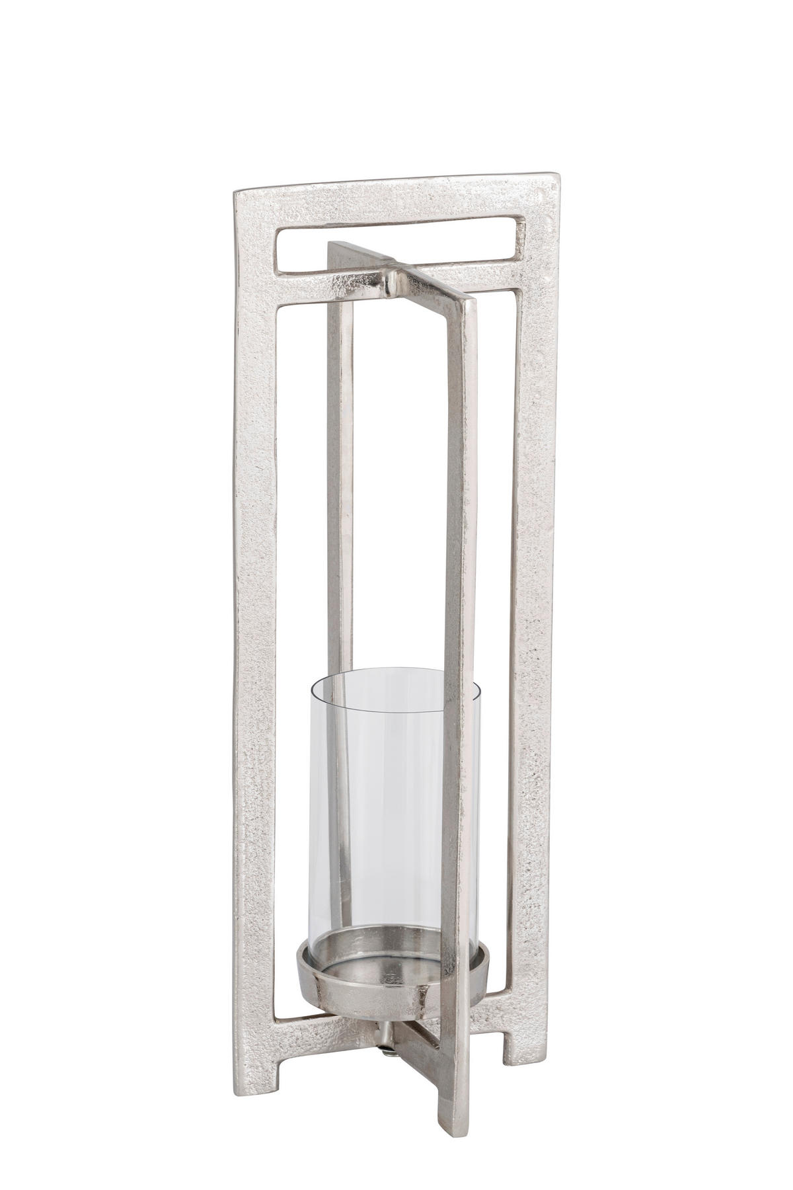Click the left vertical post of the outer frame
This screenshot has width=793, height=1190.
click(x=254, y=595)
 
